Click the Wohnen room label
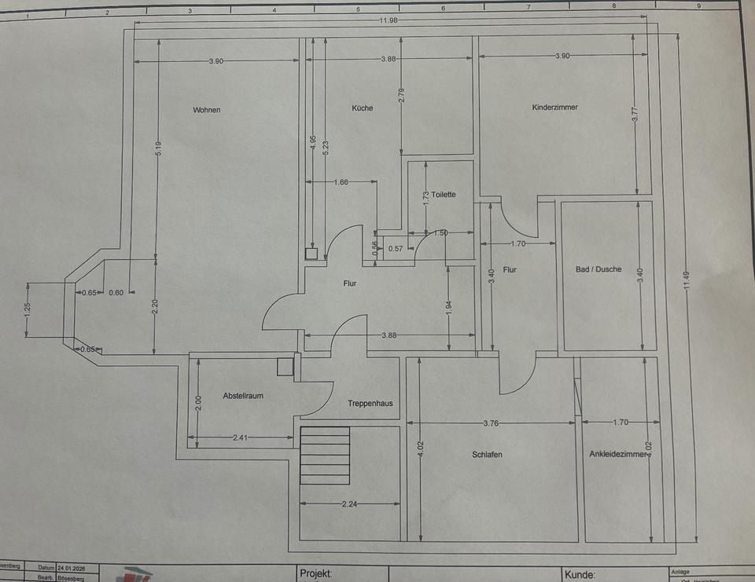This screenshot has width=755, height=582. click(207, 110)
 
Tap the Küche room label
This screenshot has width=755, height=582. click(363, 108)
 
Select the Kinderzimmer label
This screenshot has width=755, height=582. click(554, 108)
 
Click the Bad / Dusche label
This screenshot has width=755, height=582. click(598, 269)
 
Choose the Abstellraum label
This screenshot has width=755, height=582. click(243, 396)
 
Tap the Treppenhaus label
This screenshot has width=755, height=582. click(370, 404)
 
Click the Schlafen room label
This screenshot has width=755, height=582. click(487, 455)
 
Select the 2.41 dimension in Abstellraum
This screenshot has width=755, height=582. click(240, 438)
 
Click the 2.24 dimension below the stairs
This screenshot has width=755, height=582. click(348, 505)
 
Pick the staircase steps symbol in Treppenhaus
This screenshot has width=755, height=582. click(325, 456)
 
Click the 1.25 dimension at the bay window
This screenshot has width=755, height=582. click(27, 309)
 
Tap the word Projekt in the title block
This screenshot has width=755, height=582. click(316, 574)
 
